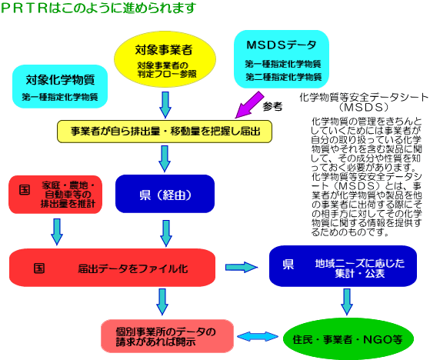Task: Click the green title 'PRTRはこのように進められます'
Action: coord(98,8)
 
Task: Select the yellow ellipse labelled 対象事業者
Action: coord(165,59)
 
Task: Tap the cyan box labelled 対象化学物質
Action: coord(60,86)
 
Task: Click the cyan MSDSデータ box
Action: coord(282,59)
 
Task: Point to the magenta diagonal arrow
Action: coord(249,105)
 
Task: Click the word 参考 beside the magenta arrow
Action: coord(272,106)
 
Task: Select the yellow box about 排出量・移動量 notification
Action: coord(165,132)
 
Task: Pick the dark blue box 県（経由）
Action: coord(165,194)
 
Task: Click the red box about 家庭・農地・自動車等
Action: coord(55,195)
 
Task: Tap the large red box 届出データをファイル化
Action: coord(112,268)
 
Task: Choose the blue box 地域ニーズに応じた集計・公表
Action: coord(343,266)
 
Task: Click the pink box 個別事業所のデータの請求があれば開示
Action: coord(167,336)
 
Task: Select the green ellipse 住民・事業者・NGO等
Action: coord(348,339)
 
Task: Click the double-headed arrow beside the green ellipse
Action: coord(258,337)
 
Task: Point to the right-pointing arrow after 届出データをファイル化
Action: coord(242,267)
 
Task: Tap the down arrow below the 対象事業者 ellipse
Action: coord(165,105)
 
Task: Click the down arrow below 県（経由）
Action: coord(166,233)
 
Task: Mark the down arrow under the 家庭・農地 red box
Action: coord(57,232)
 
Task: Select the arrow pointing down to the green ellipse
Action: coord(347,302)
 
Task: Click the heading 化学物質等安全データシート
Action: coord(364,97)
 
